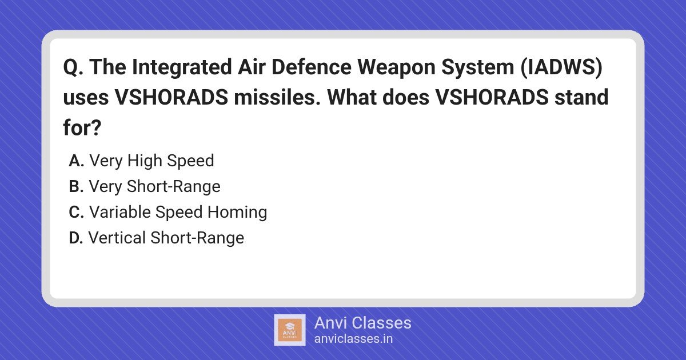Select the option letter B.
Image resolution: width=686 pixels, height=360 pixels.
(x=76, y=186)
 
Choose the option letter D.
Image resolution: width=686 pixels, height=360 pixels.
(x=76, y=238)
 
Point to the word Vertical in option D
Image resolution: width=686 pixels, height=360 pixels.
(x=117, y=238)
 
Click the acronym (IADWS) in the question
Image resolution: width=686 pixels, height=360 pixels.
(x=561, y=67)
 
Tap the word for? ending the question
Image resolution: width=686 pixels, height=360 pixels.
(x=82, y=127)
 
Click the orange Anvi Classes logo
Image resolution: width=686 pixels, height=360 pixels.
(x=290, y=330)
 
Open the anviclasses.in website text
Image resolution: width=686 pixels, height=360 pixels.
(x=353, y=339)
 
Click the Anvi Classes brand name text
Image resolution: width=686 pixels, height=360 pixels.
(x=363, y=323)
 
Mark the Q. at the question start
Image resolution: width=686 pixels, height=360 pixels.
(x=73, y=67)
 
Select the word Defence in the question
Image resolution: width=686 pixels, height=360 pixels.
(x=311, y=67)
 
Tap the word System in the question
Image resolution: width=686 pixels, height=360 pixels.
(x=477, y=68)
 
